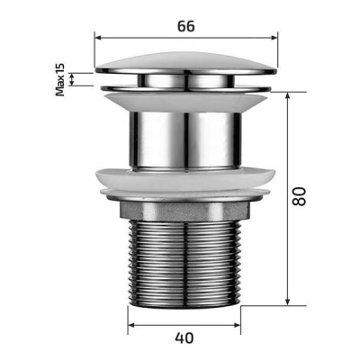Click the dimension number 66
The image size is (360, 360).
coord(186,26)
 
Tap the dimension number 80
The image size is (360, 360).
coord(299,196)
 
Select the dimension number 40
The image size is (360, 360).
coord(184,338)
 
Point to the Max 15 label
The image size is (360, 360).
coord(60,79)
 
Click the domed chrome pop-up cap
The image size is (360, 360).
coord(186,63)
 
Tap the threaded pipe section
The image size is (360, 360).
coord(184,264)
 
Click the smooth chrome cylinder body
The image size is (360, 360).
coord(185,140)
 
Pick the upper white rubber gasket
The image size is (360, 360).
coord(185,102)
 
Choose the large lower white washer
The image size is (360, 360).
coord(185,179)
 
